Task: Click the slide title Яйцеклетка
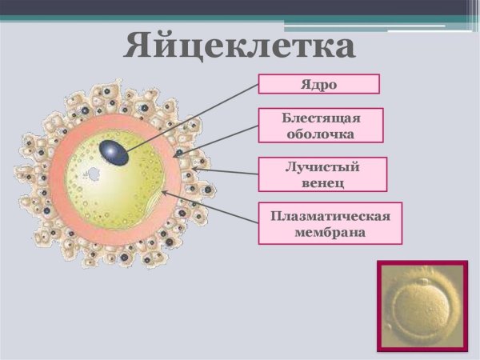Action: tap(240, 46)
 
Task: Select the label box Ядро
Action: tap(318, 84)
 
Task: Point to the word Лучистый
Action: tap(322, 167)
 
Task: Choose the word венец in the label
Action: tap(322, 182)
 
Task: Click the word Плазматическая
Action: tap(330, 216)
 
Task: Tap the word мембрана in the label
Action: tap(330, 232)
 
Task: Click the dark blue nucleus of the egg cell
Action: tap(113, 152)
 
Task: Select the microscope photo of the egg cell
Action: tap(422, 305)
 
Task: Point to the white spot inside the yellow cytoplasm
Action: tap(93, 173)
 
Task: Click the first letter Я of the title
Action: tap(141, 46)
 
